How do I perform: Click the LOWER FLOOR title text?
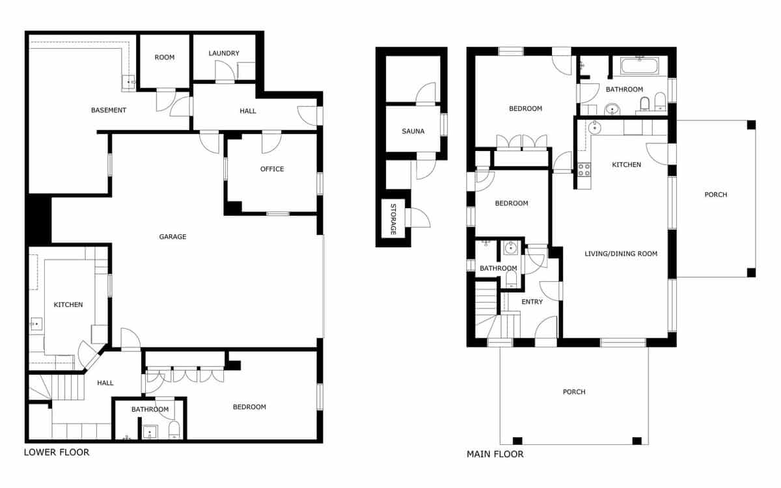tap(57, 452)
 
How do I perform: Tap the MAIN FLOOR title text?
tap(495, 454)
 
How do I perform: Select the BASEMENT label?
tap(109, 110)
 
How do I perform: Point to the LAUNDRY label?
tap(224, 53)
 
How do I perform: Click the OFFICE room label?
tap(272, 169)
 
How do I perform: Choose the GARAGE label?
tap(172, 237)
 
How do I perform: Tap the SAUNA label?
tap(413, 131)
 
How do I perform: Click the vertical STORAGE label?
tap(393, 220)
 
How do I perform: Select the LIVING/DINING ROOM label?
tap(620, 254)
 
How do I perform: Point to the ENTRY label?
tap(532, 302)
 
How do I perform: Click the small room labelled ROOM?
tap(165, 57)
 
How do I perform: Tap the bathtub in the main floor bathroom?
tap(640, 65)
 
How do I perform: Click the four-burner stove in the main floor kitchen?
tap(584, 169)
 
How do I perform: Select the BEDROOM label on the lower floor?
tap(249, 407)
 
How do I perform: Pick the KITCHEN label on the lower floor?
tap(68, 305)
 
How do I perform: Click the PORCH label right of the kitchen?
tap(715, 195)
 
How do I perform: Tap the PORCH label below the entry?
tap(573, 392)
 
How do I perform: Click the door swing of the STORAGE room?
tap(419, 218)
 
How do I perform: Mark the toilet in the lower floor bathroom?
tap(174, 430)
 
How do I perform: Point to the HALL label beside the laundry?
tap(247, 111)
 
